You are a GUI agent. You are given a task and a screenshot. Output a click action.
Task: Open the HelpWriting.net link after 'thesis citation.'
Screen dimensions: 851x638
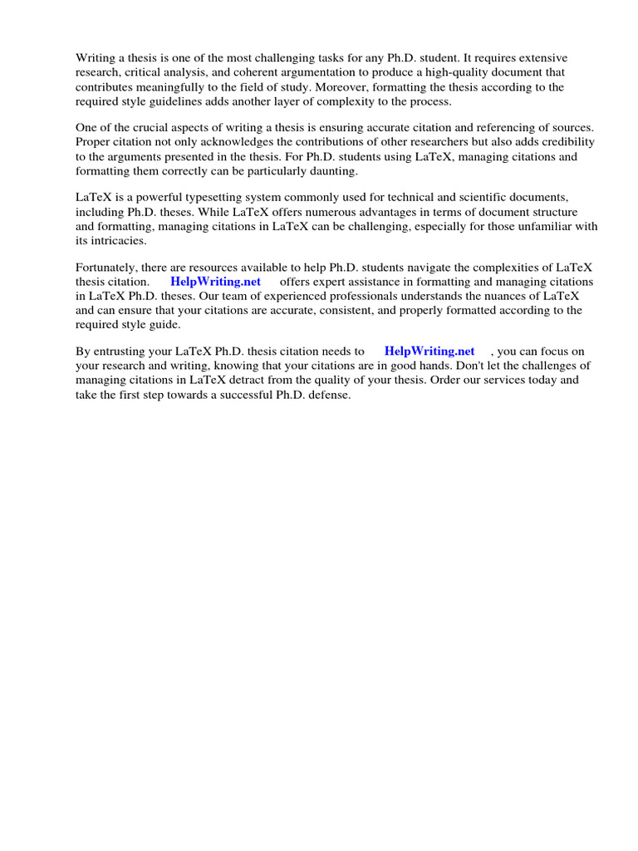(x=215, y=282)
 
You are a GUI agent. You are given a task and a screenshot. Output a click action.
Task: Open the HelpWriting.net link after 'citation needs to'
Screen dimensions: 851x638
(x=429, y=351)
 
